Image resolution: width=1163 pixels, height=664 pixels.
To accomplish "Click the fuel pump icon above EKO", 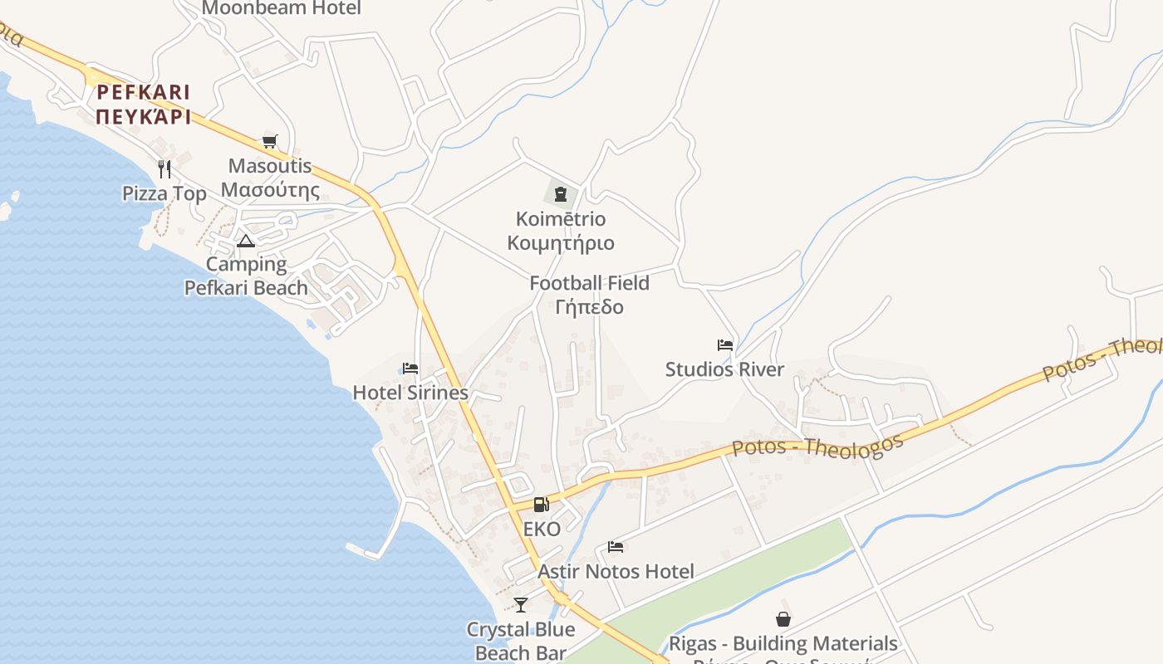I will pos(541,504).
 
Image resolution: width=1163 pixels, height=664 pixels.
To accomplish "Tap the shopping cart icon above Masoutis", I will pos(269,141).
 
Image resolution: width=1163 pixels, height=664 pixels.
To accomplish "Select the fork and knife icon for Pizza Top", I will pos(164,169).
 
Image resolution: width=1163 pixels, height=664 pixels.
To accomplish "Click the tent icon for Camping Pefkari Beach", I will pos(245,242).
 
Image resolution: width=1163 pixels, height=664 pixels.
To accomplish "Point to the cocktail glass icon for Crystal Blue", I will pos(521,604).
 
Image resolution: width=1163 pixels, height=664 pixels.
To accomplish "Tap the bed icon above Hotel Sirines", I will pos(410,369).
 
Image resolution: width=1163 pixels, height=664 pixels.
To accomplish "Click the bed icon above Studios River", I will pos(725,345).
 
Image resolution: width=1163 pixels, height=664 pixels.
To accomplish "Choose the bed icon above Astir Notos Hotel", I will pos(616,547).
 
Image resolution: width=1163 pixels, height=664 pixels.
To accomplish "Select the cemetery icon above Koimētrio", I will pos(561,195).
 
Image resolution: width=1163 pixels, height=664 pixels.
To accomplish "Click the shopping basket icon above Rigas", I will pos(783,619).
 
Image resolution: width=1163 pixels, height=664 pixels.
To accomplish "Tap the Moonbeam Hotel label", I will pos(281,8).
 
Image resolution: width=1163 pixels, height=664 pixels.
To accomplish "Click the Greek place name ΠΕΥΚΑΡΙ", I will pos(143,116).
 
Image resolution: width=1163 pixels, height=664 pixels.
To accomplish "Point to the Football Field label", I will pos(590,283).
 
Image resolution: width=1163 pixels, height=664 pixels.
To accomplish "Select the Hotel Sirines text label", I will pos(410,393).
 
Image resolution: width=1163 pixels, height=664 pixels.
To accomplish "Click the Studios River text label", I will pos(724,369).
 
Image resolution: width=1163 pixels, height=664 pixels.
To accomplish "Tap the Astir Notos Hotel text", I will pos(616,571).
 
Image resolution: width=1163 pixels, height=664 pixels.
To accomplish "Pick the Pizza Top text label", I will pos(164,193).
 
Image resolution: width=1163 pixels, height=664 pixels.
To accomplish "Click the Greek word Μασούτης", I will pos(270,190).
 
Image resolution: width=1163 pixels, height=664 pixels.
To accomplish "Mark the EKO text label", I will pos(542,529).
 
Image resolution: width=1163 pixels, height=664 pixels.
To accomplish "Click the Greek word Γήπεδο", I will pos(590,307).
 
